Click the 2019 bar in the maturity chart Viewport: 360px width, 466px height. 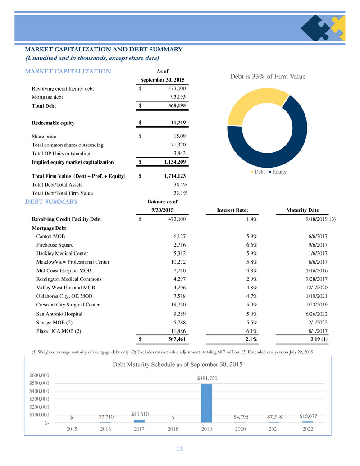coord(207,403)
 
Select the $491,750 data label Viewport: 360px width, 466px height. coord(207,378)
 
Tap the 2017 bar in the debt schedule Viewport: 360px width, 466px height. coord(139,421)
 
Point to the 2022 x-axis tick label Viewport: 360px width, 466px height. coord(308,429)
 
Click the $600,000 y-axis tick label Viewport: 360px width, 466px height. coord(39,375)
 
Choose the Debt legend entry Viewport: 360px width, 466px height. coord(258,172)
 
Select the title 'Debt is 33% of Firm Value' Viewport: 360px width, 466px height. coord(268,76)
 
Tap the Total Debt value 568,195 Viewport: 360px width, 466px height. coord(177,105)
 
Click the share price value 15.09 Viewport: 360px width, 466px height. coord(180,136)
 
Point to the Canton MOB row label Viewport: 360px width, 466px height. coord(50,236)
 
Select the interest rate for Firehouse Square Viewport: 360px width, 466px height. coord(251,245)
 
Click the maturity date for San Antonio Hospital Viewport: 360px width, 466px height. coord(316,314)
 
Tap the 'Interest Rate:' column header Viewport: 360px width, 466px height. coord(232,210)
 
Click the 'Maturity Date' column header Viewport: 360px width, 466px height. coord(302,210)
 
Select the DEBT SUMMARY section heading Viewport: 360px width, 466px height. coord(51,201)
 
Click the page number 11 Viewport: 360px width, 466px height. coord(180,448)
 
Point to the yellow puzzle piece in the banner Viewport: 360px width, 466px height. coord(338,27)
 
